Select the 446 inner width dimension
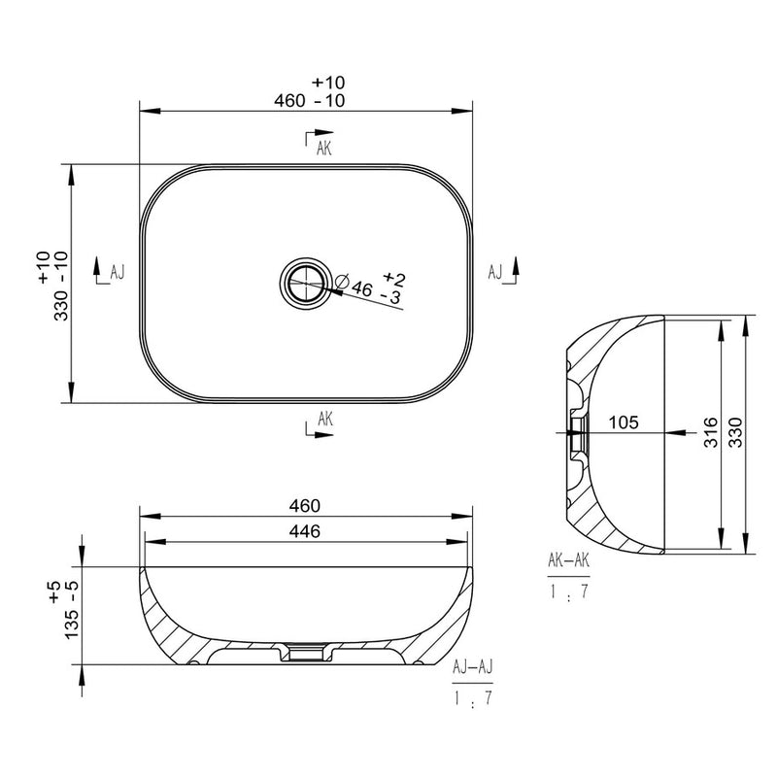[305, 531]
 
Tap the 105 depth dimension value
[624, 422]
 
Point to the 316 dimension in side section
[711, 432]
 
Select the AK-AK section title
[569, 560]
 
